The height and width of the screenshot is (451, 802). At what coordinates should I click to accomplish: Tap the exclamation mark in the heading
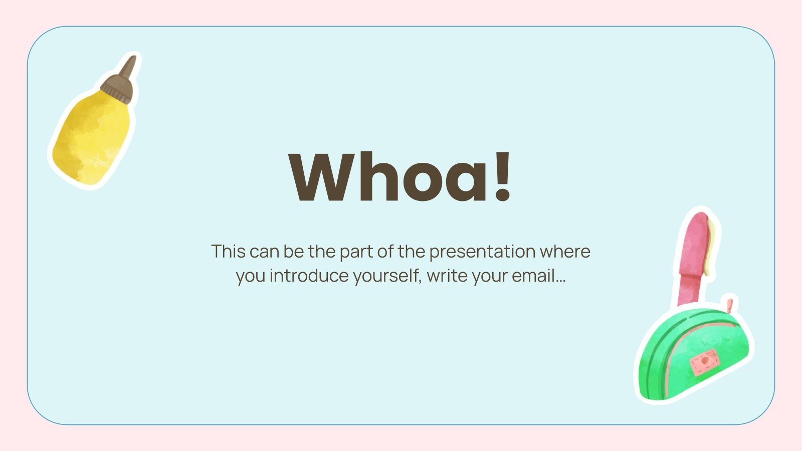coord(502,176)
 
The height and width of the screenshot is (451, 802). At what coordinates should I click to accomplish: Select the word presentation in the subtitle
coord(482,252)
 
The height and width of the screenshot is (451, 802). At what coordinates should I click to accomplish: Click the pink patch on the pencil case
coord(704,362)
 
